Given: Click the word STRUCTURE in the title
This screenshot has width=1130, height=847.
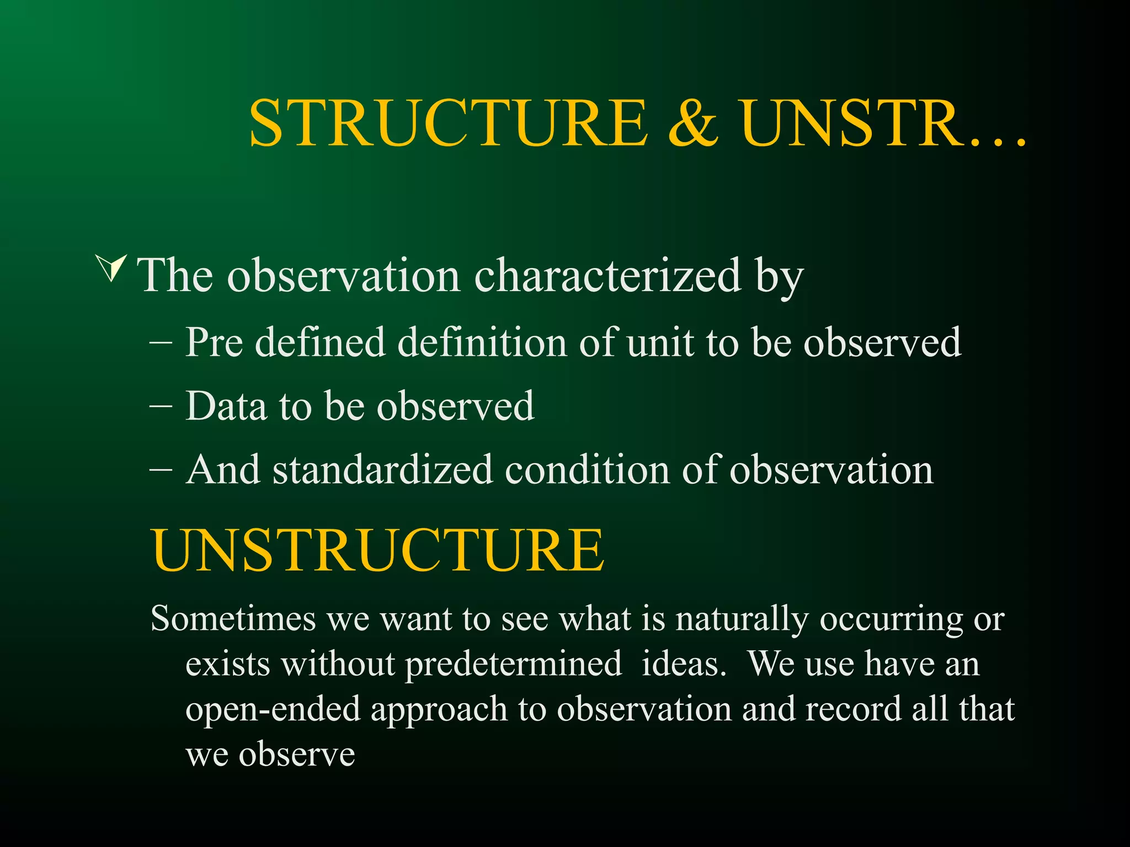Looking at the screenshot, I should (x=448, y=124).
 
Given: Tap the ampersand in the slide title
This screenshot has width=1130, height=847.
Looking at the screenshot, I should (x=693, y=124).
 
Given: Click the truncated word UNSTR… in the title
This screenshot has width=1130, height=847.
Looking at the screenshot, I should (x=883, y=124).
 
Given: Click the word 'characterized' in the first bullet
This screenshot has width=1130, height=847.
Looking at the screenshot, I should (x=607, y=275).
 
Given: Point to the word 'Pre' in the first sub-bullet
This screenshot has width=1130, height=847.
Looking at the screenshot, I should (x=214, y=342).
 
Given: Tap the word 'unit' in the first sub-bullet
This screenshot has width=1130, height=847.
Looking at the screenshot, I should (x=659, y=342).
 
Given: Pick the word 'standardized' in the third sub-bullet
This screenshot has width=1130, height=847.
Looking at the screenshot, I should (x=382, y=470).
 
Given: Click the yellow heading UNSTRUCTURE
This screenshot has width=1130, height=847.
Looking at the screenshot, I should (x=378, y=550).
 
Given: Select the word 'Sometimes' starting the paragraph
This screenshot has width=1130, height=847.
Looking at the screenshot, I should (x=233, y=618).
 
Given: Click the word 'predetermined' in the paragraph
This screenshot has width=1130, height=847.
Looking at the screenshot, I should (x=513, y=664).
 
